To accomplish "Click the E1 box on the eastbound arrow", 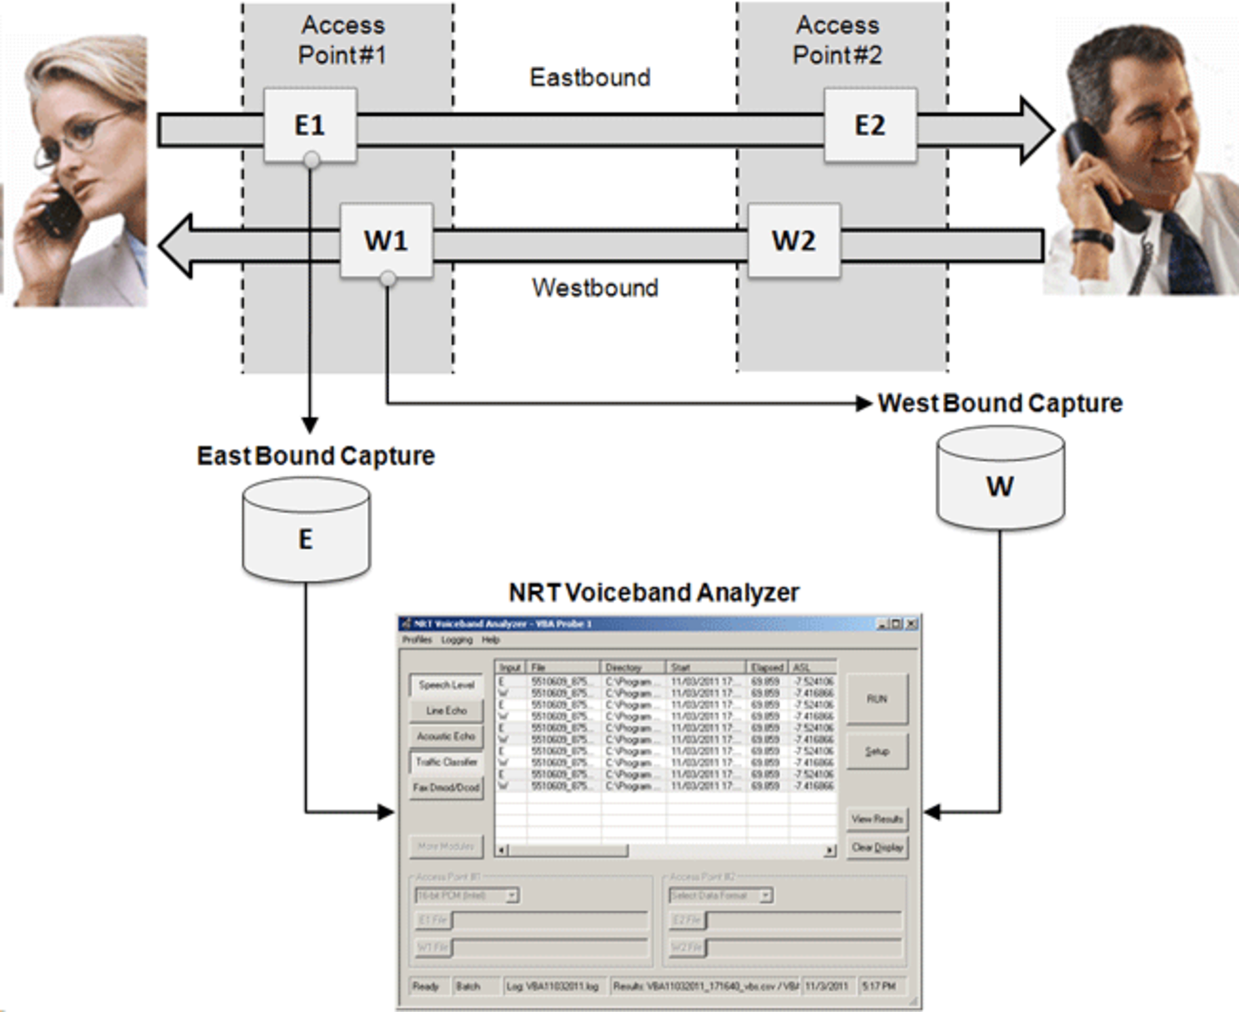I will [x=310, y=125].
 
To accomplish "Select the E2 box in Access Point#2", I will [x=869, y=125].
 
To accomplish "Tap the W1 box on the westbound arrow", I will [x=386, y=240].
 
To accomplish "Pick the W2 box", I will [x=794, y=240].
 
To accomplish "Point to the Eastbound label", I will [x=590, y=77].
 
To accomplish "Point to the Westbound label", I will [x=595, y=288].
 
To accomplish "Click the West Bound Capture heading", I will [x=1000, y=403].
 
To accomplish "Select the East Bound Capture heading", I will [x=316, y=456].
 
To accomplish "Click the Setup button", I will [x=876, y=751].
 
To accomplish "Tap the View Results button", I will [x=876, y=819].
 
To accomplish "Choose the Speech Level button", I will [x=446, y=685].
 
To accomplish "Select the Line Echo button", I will [x=446, y=711].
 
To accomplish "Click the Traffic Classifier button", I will [x=446, y=762].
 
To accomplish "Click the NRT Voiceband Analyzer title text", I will [x=654, y=592].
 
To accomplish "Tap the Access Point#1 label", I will [x=342, y=40].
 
